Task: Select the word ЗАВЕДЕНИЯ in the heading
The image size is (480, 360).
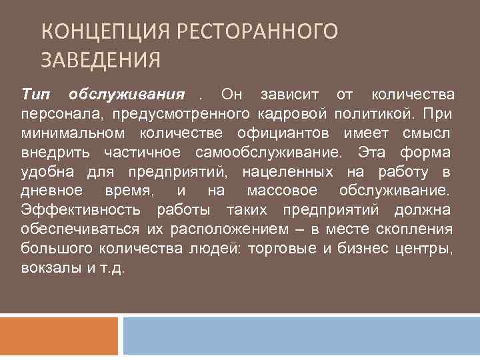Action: pyautogui.click(x=101, y=61)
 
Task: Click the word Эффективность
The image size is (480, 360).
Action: pyautogui.click(x=80, y=211)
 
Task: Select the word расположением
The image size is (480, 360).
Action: pyautogui.click(x=231, y=230)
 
